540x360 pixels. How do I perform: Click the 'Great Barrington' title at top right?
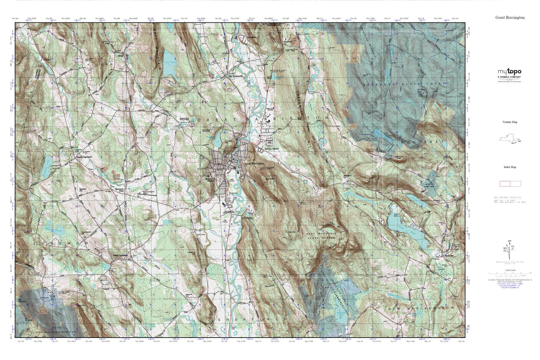coord(510,18)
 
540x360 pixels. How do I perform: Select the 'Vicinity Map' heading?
coord(510,122)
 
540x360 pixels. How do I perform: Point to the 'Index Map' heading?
coord(510,167)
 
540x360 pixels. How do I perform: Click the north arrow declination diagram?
coord(510,247)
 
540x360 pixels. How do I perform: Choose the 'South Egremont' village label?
coord(121,256)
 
